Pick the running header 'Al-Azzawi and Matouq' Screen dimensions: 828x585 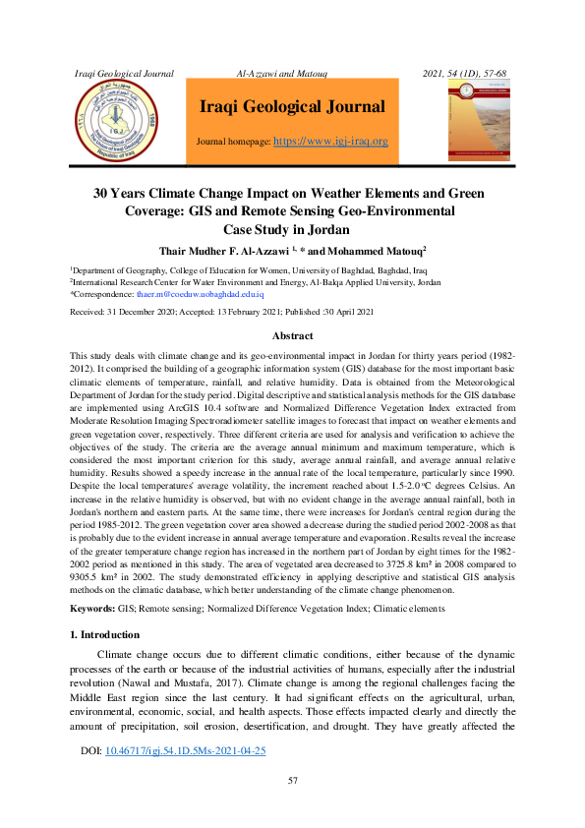(x=283, y=74)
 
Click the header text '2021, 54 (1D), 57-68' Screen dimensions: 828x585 (x=464, y=74)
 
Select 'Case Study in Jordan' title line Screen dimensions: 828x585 (x=292, y=229)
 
